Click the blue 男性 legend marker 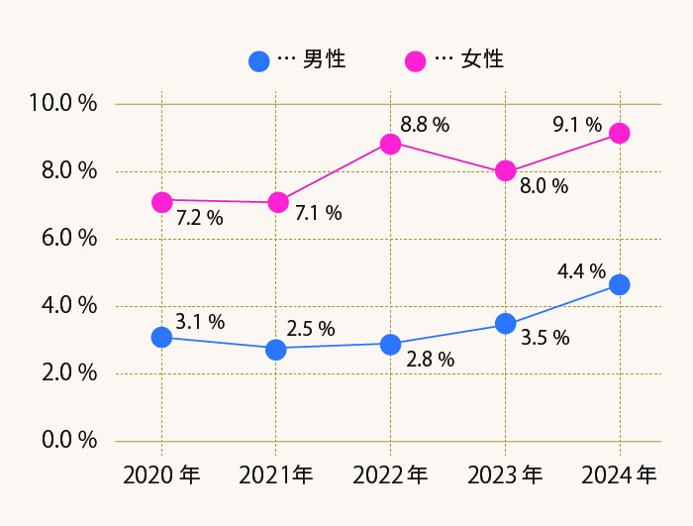click(x=258, y=60)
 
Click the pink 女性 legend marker click(x=416, y=60)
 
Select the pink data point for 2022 click(x=390, y=144)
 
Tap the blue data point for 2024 click(x=620, y=284)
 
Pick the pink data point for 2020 click(x=161, y=202)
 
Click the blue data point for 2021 click(x=276, y=350)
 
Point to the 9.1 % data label click(x=577, y=125)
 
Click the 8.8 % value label click(x=425, y=125)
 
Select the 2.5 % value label click(x=311, y=329)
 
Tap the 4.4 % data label click(x=581, y=270)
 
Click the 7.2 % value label click(x=199, y=218)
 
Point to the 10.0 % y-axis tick click(x=63, y=103)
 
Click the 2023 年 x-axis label click(x=505, y=475)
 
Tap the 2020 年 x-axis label click(x=161, y=475)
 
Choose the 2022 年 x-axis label click(x=390, y=475)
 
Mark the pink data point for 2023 click(x=505, y=170)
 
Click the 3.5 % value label click(x=545, y=338)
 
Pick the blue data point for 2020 click(x=161, y=337)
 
